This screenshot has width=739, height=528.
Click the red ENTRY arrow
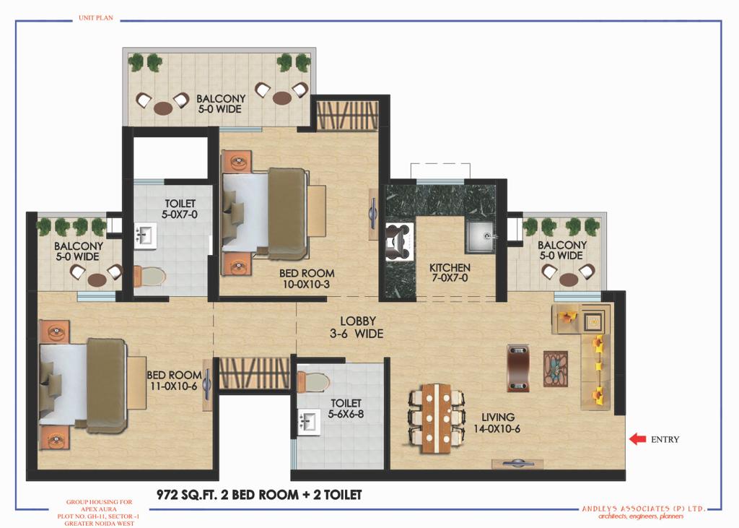637,439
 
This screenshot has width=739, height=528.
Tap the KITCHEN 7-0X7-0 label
450,273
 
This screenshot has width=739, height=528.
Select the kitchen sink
480,236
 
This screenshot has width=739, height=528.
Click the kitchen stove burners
398,242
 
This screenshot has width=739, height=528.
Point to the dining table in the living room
436,418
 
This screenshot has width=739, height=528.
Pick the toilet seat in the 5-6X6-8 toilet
312,382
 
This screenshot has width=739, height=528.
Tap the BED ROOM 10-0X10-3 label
306,278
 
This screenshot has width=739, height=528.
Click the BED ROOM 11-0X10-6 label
174,381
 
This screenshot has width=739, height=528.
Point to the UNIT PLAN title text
96,18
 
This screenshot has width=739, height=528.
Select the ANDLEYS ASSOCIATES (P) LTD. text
643,508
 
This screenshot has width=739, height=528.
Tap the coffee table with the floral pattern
556,369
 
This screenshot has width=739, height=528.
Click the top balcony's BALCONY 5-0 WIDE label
221,104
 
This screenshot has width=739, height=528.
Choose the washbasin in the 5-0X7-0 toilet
145,236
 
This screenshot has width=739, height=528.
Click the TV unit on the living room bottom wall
517,464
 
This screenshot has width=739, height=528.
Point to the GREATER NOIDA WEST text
99,523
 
